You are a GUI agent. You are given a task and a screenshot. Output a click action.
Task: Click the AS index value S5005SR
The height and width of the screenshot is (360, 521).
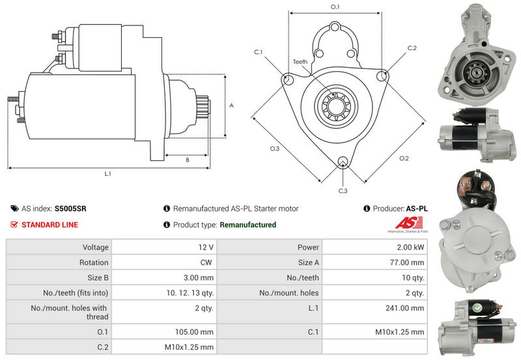(70, 208)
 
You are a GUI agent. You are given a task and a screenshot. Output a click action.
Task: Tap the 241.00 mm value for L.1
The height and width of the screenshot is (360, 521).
(404, 308)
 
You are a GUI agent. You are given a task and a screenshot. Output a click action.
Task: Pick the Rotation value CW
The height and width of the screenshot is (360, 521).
(206, 262)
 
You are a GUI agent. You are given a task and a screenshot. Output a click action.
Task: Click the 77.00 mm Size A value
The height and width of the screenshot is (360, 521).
(407, 262)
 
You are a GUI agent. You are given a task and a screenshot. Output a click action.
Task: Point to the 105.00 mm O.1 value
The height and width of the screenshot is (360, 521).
(194, 332)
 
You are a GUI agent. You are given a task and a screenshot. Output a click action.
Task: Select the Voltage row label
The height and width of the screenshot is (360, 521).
(95, 247)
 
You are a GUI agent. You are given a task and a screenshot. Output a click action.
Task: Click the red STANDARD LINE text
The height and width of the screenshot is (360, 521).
(49, 225)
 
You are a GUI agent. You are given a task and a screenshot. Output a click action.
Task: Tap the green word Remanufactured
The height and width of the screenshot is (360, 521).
(248, 225)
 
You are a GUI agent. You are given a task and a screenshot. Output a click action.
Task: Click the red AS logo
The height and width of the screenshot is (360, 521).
(409, 223)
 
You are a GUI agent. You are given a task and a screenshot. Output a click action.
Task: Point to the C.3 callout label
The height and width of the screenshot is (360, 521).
(343, 191)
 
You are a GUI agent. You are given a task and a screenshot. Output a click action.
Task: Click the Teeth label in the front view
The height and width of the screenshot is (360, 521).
(300, 62)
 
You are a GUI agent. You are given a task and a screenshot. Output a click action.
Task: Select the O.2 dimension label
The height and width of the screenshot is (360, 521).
(404, 158)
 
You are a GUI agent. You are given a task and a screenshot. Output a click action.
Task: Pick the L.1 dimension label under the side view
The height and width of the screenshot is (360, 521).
(107, 174)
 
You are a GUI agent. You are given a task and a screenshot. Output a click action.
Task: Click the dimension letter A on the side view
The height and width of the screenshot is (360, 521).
(232, 105)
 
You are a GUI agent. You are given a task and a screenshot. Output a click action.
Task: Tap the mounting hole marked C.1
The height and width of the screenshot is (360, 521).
(288, 79)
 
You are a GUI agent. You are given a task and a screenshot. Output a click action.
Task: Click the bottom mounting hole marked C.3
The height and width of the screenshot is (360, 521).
(343, 161)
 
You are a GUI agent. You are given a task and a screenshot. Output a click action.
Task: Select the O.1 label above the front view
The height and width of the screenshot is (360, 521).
(335, 7)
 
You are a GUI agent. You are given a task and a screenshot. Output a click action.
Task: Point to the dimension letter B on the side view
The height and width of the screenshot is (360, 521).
(188, 160)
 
